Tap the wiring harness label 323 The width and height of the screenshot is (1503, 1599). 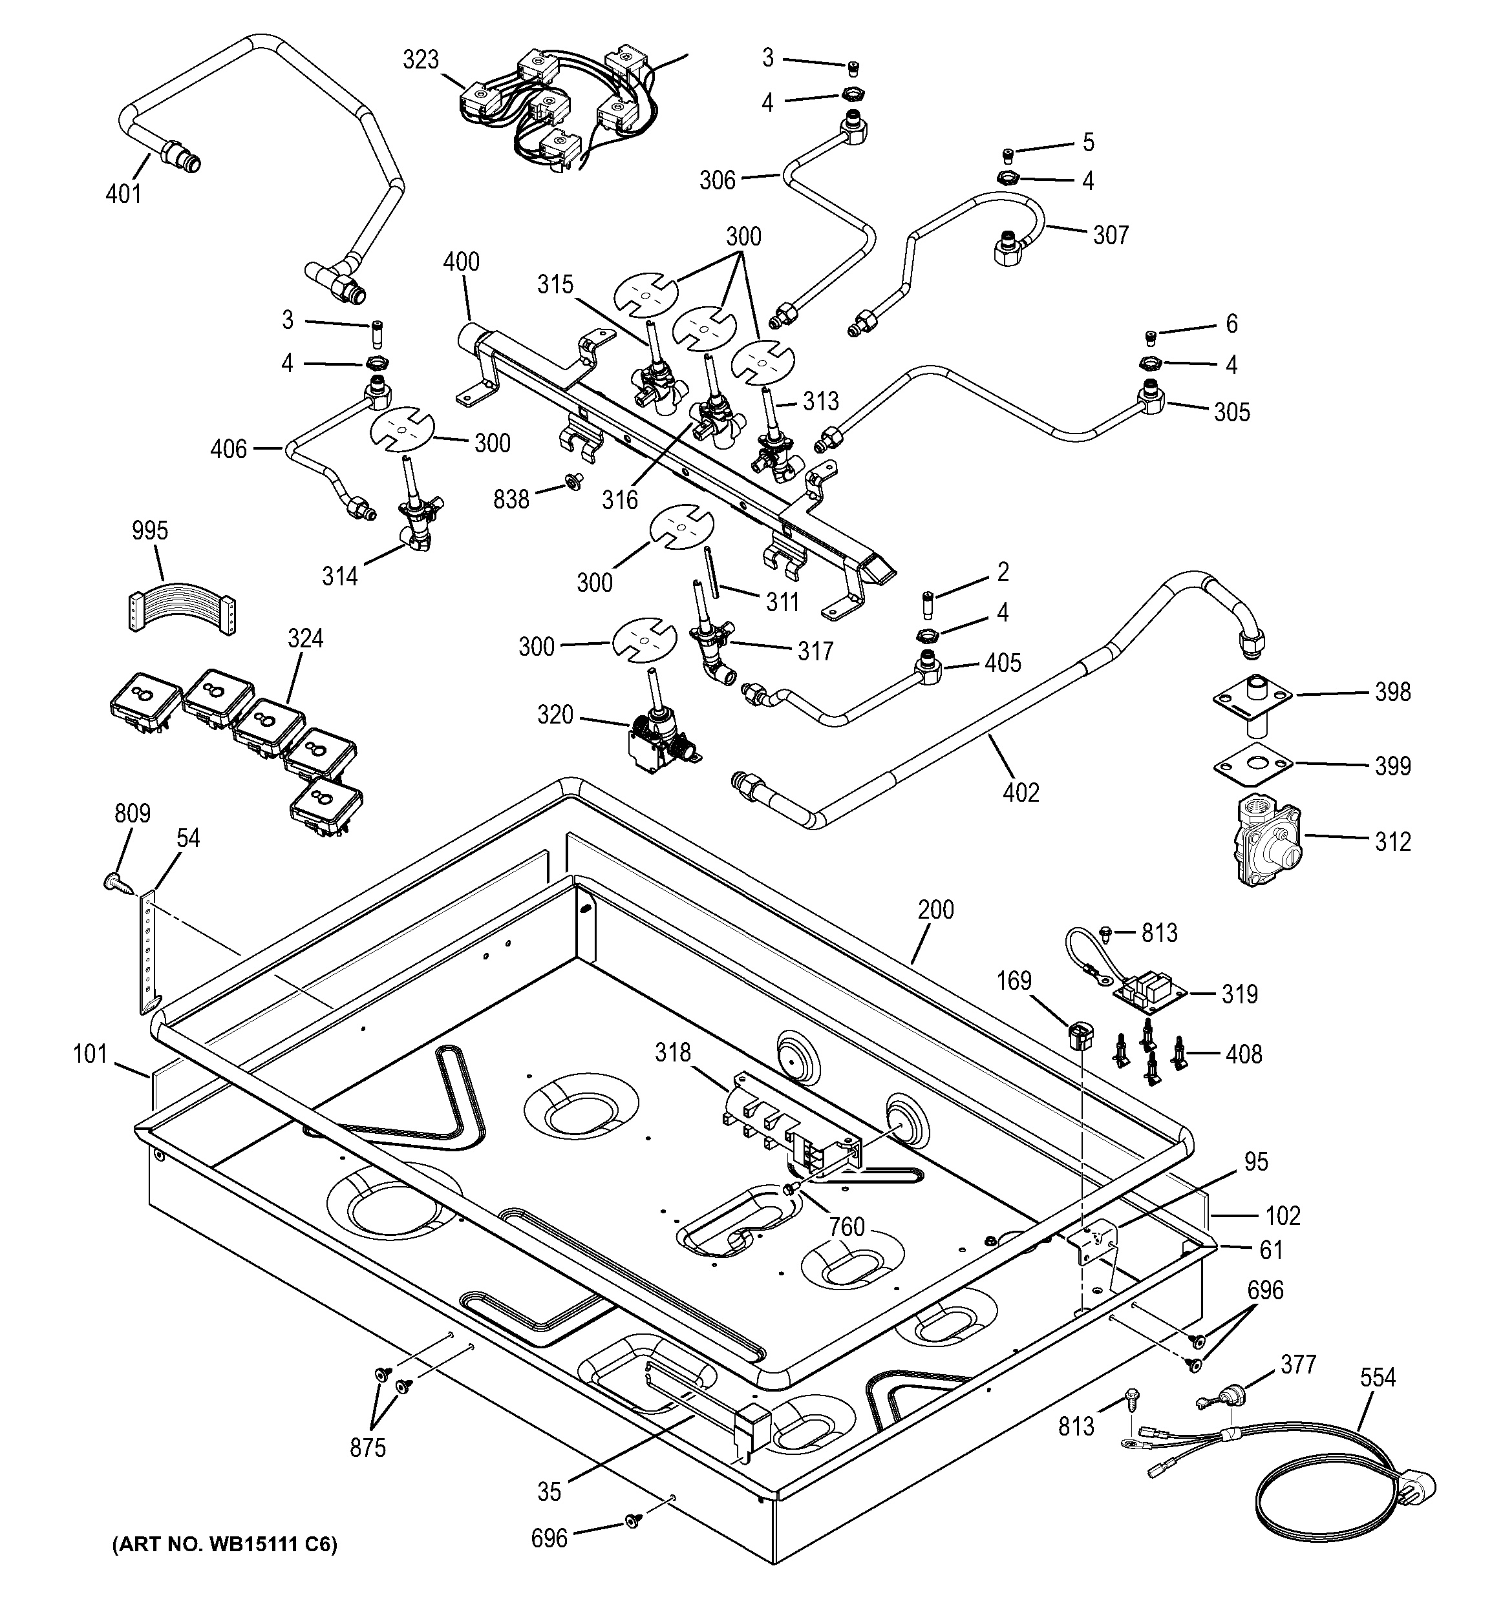click(421, 60)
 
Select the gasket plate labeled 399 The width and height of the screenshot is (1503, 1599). click(1252, 764)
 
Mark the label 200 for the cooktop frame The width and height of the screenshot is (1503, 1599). click(936, 910)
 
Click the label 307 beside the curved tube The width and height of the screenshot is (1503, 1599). click(1111, 235)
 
